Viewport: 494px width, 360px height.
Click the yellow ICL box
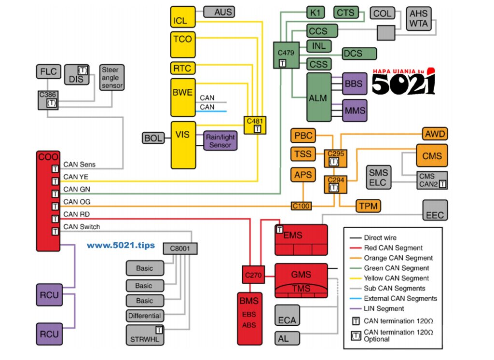[x=183, y=17]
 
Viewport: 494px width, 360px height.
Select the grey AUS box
[x=219, y=12]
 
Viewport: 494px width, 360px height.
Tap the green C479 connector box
[x=286, y=55]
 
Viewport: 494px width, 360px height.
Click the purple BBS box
[x=355, y=84]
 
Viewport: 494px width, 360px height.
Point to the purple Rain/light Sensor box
[x=220, y=140]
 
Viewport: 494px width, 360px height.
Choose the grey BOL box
[x=153, y=138]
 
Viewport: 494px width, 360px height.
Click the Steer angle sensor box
[x=112, y=78]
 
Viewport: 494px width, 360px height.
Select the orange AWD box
[x=435, y=134]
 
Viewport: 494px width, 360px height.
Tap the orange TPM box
[x=368, y=206]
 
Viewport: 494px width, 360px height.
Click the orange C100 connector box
[x=301, y=206]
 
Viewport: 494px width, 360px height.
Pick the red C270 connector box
[x=253, y=275]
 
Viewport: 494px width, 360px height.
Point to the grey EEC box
[x=435, y=210]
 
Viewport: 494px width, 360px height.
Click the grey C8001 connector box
[x=180, y=249]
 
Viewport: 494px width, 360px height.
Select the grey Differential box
[x=145, y=316]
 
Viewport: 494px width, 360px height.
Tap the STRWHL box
[x=145, y=335]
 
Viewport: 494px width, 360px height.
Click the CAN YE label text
[x=76, y=177]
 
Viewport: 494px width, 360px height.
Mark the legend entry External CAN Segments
[x=400, y=299]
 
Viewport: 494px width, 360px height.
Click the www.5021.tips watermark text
[x=121, y=245]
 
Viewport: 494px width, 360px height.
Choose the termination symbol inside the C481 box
[x=258, y=129]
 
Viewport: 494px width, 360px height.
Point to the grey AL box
[x=287, y=339]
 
